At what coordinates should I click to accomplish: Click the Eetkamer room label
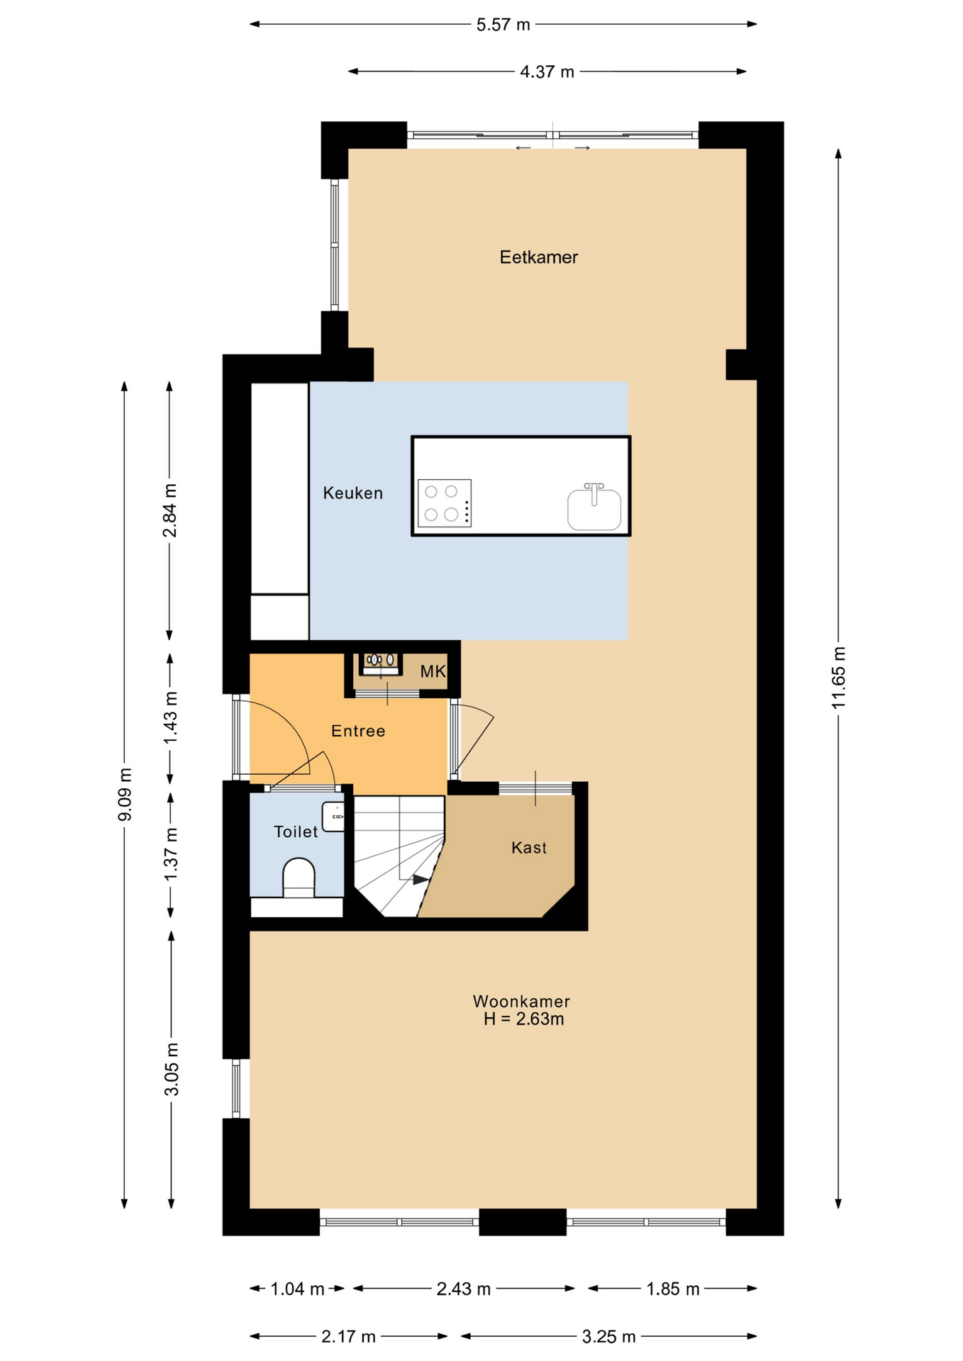[538, 257]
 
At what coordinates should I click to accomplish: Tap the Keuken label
[352, 493]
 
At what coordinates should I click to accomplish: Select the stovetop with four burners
[445, 503]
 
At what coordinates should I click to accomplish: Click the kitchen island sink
[594, 508]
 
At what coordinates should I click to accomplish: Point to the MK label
[433, 671]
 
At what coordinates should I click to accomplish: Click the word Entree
[358, 731]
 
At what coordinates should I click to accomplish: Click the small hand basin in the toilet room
[333, 816]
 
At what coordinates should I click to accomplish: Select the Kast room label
[529, 848]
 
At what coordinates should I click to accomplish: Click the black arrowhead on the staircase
[421, 880]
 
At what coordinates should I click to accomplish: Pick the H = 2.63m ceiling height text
[524, 1019]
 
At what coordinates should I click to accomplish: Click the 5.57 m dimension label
[503, 25]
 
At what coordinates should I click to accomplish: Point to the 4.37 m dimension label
[547, 72]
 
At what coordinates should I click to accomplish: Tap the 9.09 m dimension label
[125, 794]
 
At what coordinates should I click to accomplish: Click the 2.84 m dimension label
[170, 510]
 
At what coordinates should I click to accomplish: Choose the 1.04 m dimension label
[297, 1289]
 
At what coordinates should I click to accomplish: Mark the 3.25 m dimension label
[608, 1337]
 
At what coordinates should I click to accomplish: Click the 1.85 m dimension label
[672, 1289]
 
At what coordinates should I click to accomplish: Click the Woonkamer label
[521, 1002]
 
